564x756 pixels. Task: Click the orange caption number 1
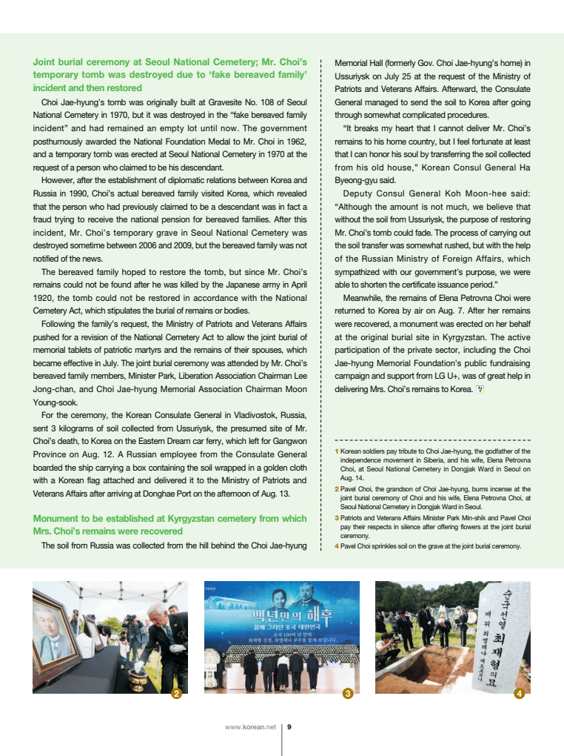pyautogui.click(x=337, y=451)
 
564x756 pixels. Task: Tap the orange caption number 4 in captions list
pyautogui.click(x=337, y=546)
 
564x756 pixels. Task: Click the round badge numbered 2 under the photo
pyautogui.click(x=177, y=694)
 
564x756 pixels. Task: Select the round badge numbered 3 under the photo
pyautogui.click(x=348, y=694)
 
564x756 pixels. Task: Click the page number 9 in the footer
pyautogui.click(x=289, y=727)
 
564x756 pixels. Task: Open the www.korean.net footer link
pyautogui.click(x=250, y=727)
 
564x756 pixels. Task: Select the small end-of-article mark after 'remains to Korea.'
pyautogui.click(x=480, y=388)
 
